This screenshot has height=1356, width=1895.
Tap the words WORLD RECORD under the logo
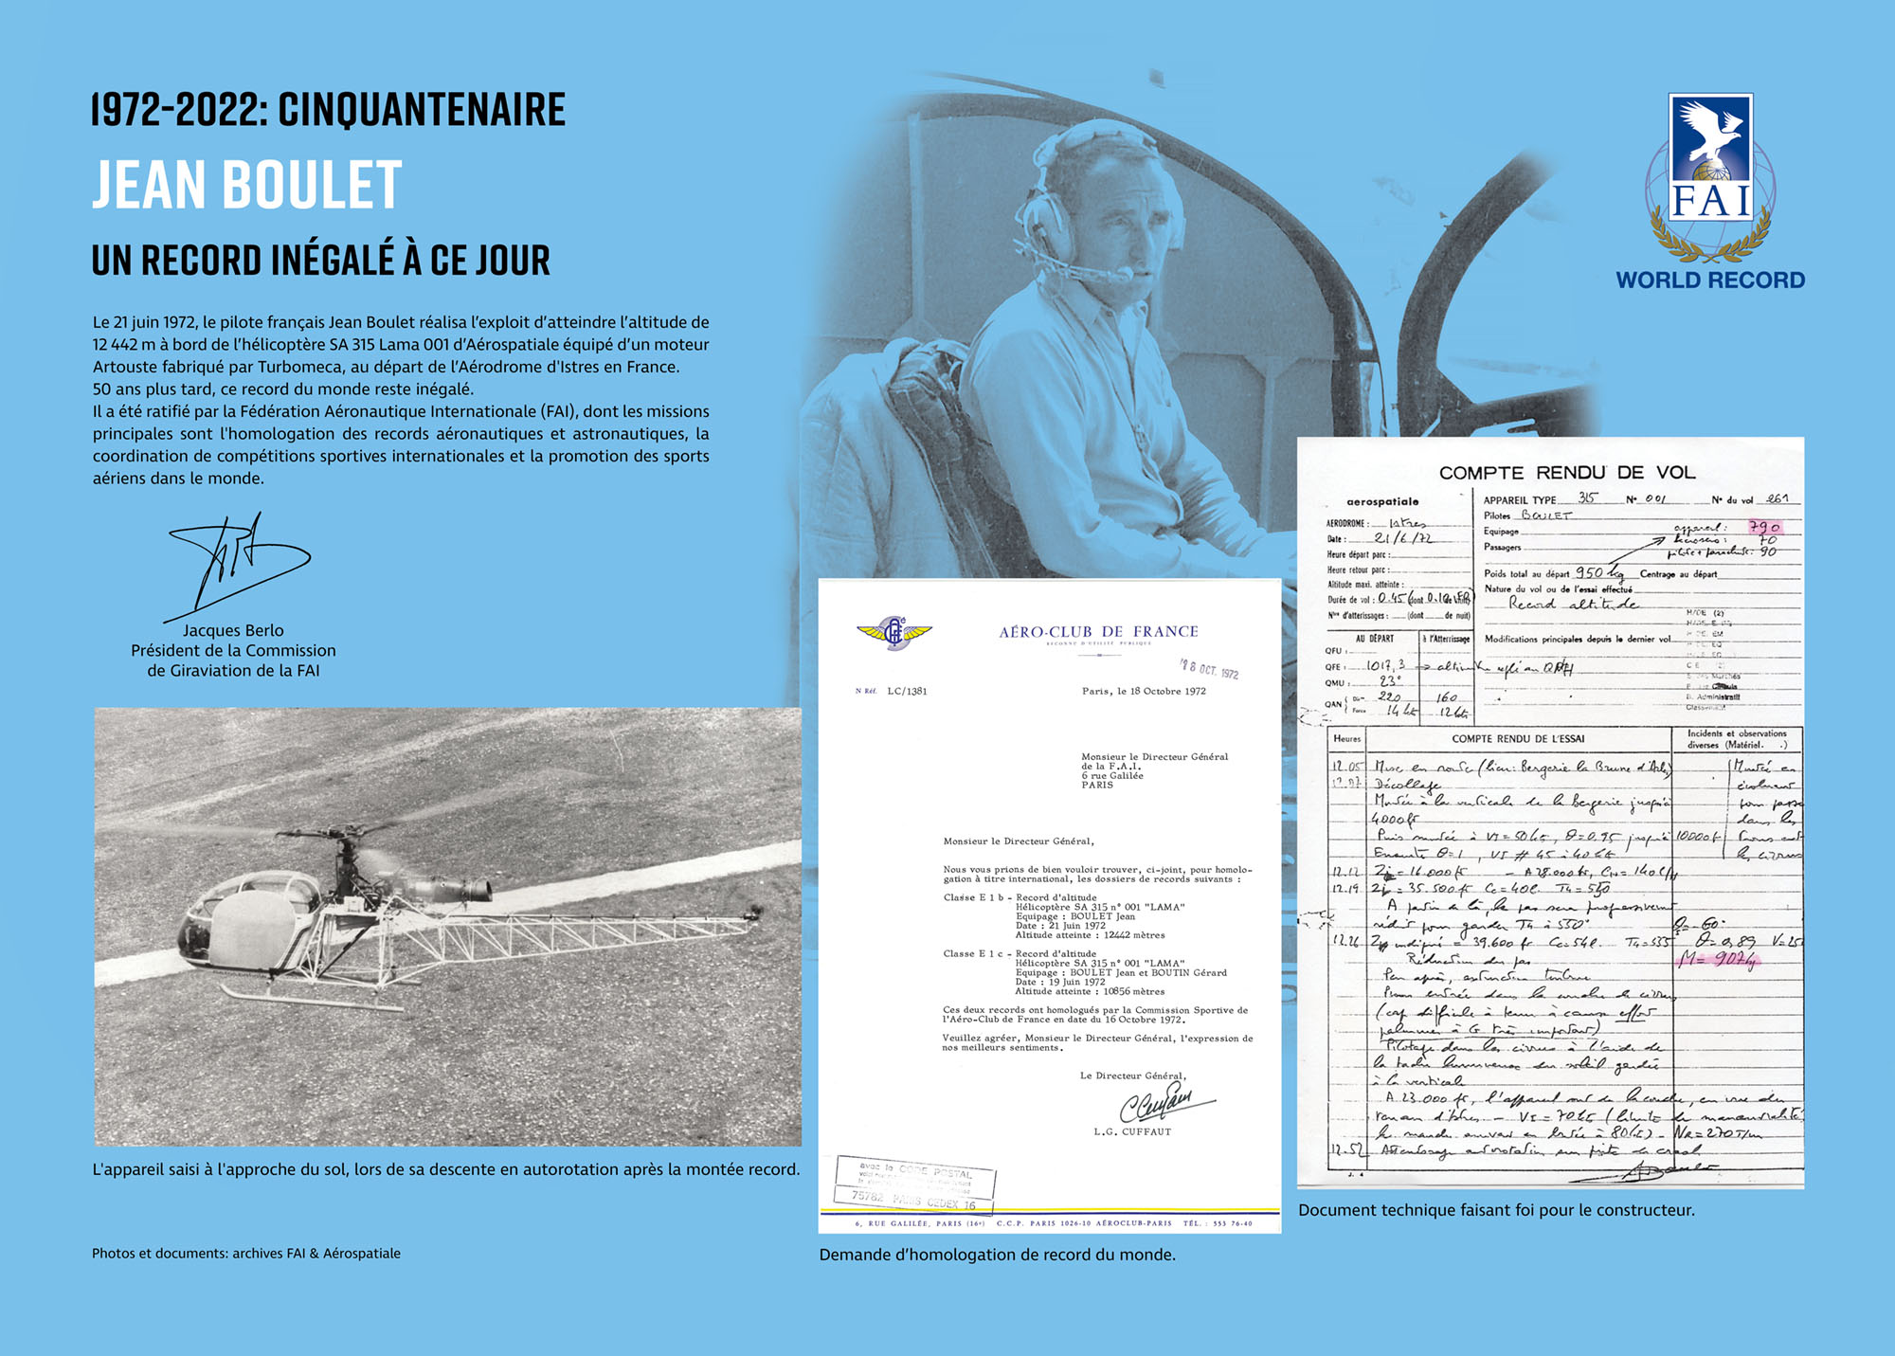[1710, 280]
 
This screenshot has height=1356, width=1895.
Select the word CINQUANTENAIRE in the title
[422, 110]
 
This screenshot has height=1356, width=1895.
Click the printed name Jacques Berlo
[233, 630]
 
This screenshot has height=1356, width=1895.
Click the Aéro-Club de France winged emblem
[893, 632]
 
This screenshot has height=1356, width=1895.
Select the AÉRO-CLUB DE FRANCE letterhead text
[1098, 632]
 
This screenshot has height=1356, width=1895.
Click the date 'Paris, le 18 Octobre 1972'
[1144, 692]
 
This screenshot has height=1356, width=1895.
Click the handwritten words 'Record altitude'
[1573, 604]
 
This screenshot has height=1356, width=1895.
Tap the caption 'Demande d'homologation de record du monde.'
[997, 1255]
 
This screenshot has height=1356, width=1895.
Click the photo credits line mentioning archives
[246, 1254]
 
